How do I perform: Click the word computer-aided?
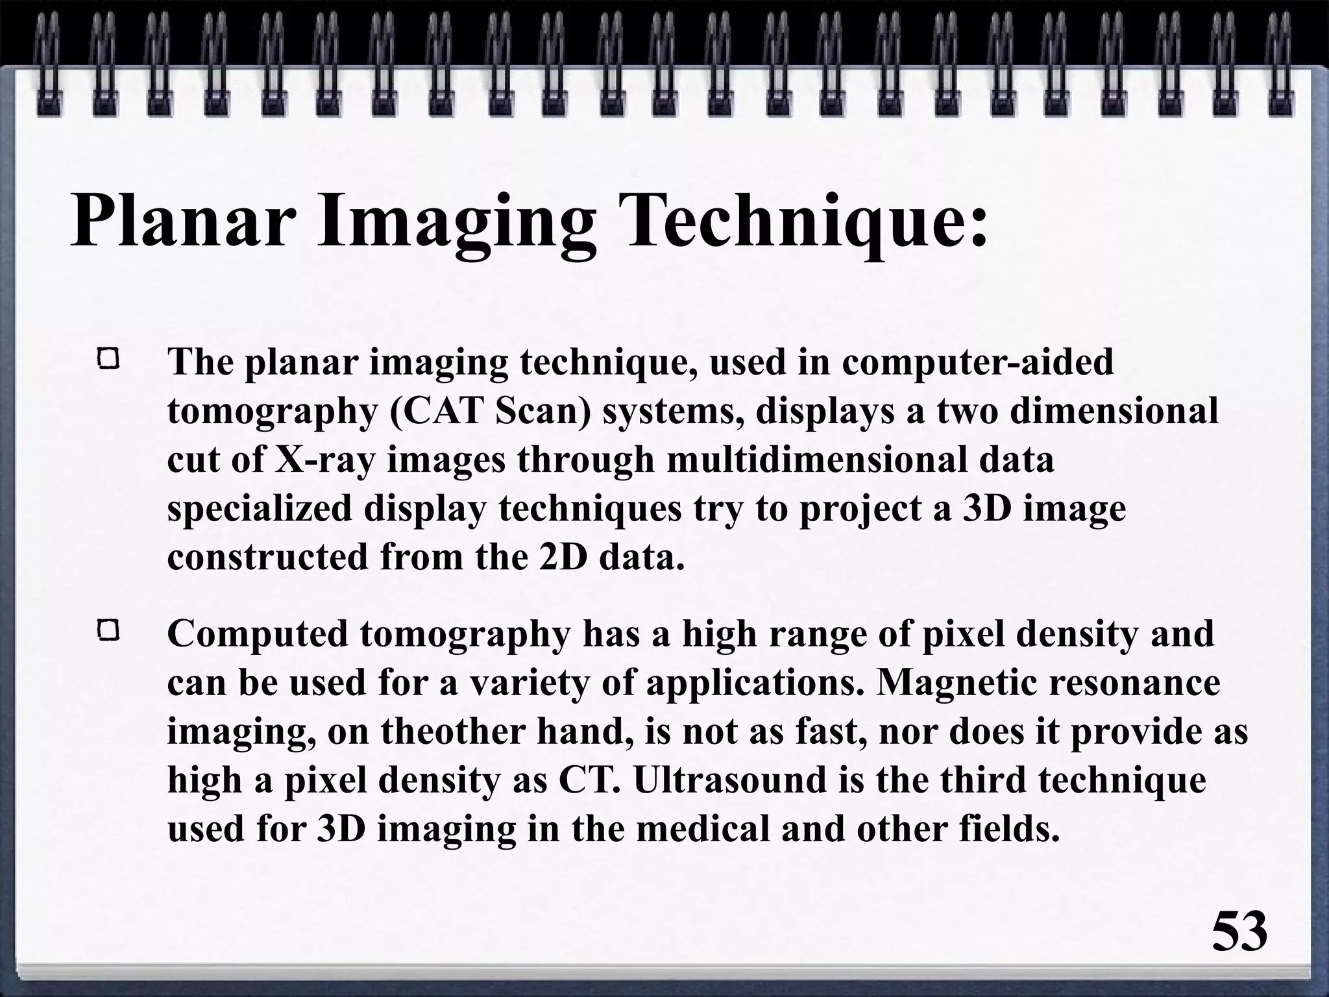[977, 362]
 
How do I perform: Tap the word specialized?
[259, 509]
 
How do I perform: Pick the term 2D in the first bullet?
[563, 558]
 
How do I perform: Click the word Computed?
[258, 634]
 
